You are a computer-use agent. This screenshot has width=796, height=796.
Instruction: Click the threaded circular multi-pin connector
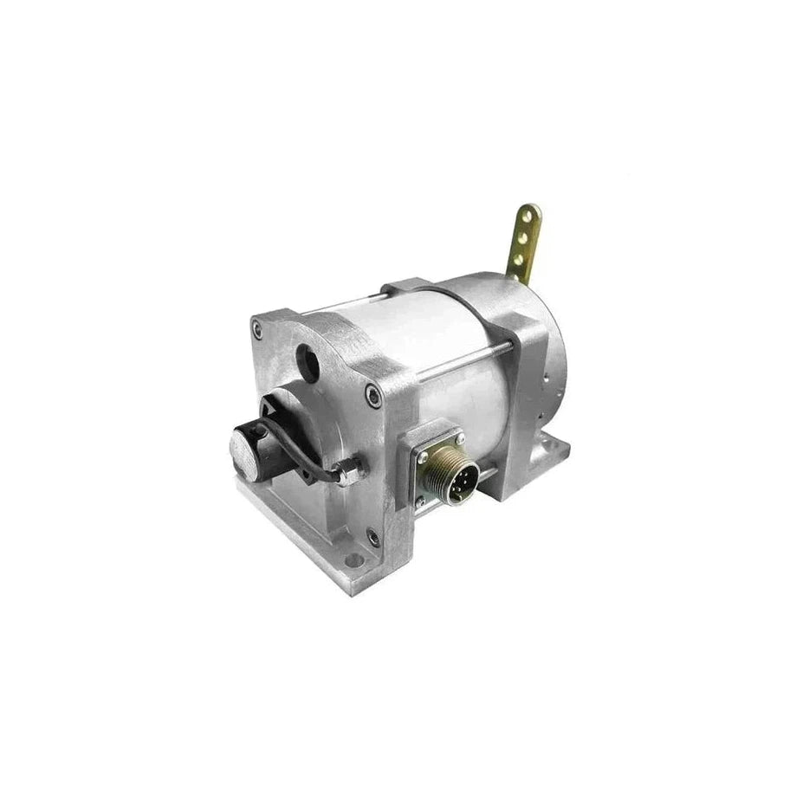[x=442, y=476]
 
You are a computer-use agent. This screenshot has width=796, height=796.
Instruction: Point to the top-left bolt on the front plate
[x=257, y=327]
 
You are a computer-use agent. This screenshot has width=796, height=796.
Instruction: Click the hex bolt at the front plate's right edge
[x=373, y=397]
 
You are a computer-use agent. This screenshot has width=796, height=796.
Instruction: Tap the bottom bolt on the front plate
[x=373, y=538]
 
